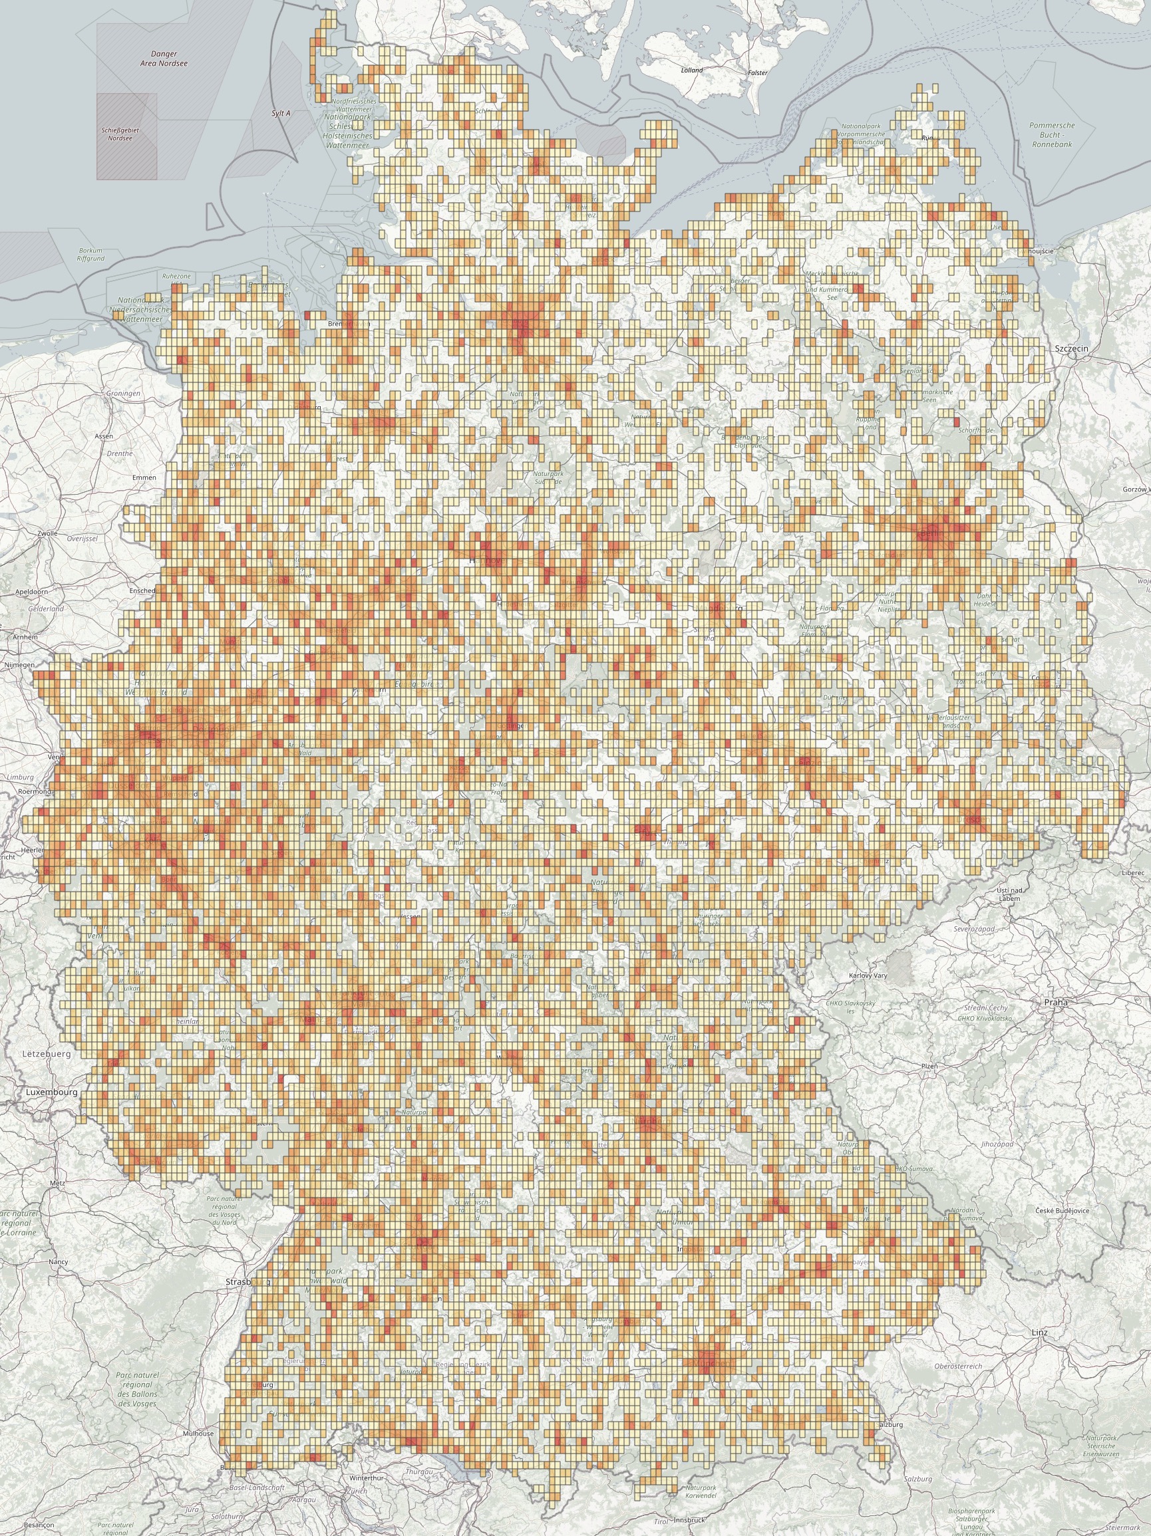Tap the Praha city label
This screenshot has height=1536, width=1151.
click(x=1056, y=1002)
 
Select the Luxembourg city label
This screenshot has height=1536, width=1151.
click(x=51, y=1092)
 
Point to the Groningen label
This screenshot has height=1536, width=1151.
click(x=123, y=393)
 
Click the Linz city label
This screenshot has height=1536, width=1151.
click(x=1039, y=1332)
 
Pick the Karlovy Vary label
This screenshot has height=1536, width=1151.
click(x=868, y=975)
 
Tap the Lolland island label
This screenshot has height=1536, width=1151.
click(x=692, y=70)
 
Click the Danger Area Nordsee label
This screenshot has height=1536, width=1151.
click(x=164, y=59)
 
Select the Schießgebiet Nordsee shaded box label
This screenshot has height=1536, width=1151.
click(x=120, y=134)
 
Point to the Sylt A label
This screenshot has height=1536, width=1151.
click(x=281, y=112)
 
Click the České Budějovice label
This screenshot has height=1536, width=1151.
click(x=1061, y=1210)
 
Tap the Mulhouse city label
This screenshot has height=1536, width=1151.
click(x=199, y=1433)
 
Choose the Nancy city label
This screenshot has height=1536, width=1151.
click(x=59, y=1262)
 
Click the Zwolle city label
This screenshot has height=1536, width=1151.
click(x=47, y=533)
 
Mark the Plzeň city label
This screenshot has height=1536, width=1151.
click(x=929, y=1066)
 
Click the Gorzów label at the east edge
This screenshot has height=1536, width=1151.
click(x=1135, y=489)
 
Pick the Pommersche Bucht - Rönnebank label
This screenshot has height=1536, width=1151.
click(x=1052, y=135)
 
